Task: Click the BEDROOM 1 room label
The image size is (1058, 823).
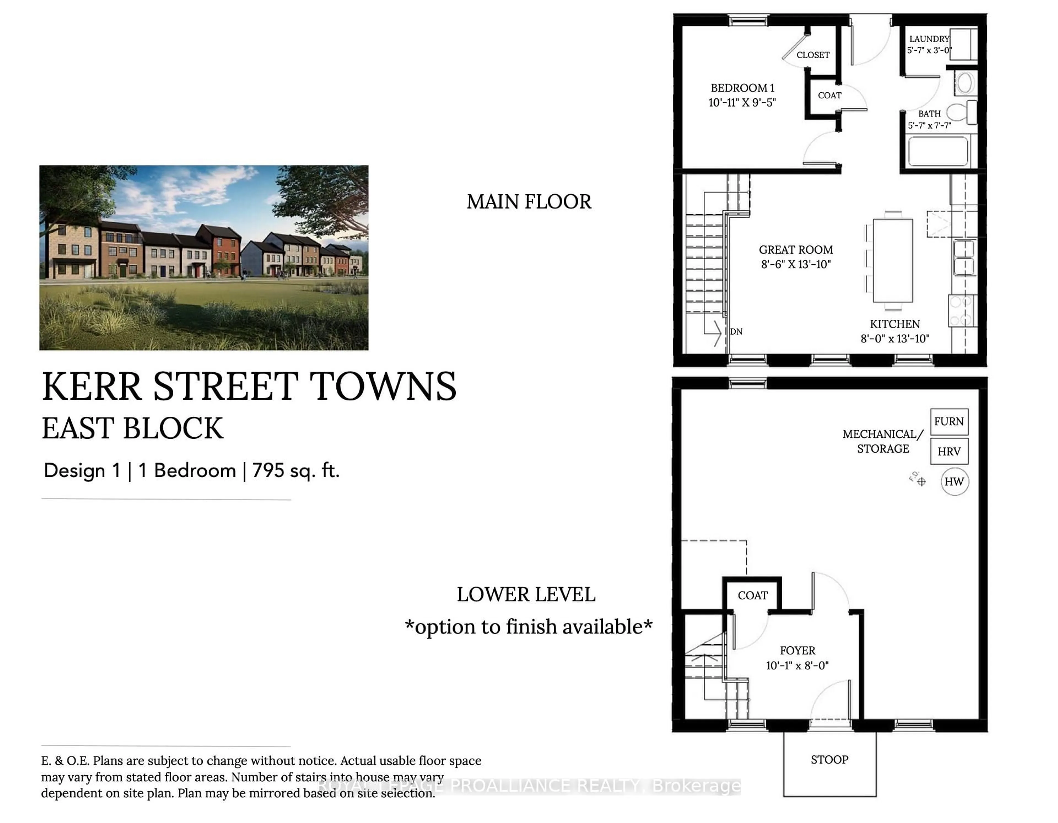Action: coord(742,88)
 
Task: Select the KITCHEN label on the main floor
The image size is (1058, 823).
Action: coord(894,324)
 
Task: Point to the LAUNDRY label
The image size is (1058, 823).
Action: coord(929,39)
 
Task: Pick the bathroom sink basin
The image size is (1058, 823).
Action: coord(965,83)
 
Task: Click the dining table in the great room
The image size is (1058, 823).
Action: coord(892,261)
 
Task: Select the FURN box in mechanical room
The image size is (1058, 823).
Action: coord(949,422)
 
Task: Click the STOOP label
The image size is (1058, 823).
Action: coord(829,760)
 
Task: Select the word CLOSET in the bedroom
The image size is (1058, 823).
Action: coord(813,55)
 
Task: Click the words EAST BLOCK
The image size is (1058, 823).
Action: coord(132,429)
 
